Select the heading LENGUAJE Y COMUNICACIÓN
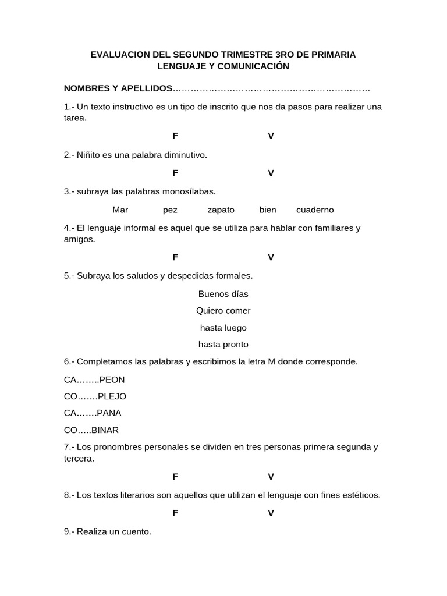point(223,66)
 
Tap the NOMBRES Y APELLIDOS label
point(118,88)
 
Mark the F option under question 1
point(175,136)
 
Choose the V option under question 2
point(271,173)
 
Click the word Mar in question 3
point(120,210)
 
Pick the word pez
point(170,210)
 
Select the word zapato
point(221,210)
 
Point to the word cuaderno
point(315,210)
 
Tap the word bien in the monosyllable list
point(268,210)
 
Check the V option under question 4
point(271,257)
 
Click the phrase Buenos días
point(223,294)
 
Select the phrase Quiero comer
point(223,311)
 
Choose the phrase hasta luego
point(223,328)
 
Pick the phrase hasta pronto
point(223,345)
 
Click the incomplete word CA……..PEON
point(94,380)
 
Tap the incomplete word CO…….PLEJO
point(95,397)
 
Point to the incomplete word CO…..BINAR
point(91,431)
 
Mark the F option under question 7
point(175,477)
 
